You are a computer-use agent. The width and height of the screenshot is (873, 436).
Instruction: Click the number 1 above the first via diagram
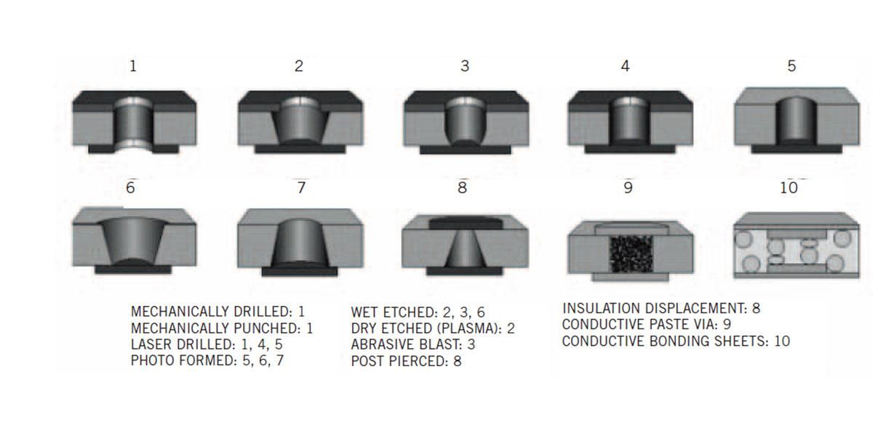[x=132, y=66]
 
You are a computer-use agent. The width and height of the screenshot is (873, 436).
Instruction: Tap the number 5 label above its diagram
[x=792, y=66]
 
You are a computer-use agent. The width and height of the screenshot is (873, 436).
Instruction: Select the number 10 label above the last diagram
[x=789, y=187]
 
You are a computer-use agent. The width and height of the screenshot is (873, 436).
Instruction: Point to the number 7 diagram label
[x=301, y=187]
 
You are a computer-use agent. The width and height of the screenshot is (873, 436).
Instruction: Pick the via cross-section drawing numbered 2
[x=301, y=122]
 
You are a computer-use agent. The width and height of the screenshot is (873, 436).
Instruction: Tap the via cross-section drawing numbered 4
[x=630, y=122]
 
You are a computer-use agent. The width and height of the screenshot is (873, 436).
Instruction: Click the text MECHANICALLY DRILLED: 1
[x=218, y=312]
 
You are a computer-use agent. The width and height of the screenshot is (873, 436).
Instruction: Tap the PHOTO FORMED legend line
[x=207, y=360]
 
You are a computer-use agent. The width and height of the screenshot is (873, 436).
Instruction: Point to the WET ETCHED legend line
[x=418, y=312]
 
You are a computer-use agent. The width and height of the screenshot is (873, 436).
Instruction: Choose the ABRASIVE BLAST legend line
[x=412, y=344]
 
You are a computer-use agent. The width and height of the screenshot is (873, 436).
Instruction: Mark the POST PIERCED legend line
[x=405, y=360]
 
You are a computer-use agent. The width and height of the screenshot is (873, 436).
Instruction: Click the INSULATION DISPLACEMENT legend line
[x=661, y=308]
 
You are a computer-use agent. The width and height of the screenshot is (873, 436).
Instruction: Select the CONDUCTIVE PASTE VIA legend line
[x=640, y=324]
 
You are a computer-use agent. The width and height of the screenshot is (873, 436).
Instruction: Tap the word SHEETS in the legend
[x=739, y=341]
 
